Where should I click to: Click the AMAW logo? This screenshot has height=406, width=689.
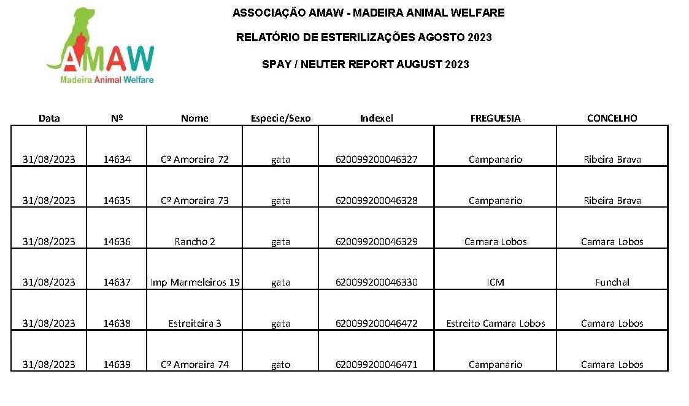(x=101, y=45)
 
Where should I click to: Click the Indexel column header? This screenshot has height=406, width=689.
(x=376, y=118)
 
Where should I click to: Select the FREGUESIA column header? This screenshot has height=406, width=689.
(x=495, y=118)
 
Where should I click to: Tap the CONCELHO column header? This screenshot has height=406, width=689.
(x=612, y=118)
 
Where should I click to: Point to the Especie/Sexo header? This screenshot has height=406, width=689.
(x=280, y=119)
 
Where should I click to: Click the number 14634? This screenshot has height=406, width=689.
(x=117, y=159)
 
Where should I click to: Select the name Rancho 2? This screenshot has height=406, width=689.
(x=194, y=241)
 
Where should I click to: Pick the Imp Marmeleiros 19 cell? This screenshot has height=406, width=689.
(x=195, y=282)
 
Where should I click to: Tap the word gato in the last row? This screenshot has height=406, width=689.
(x=280, y=365)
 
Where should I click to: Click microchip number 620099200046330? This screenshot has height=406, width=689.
(x=377, y=282)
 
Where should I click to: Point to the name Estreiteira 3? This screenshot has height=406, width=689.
(x=194, y=323)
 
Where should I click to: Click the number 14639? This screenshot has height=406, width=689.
(x=117, y=364)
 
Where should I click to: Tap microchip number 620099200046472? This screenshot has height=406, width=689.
(x=377, y=323)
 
